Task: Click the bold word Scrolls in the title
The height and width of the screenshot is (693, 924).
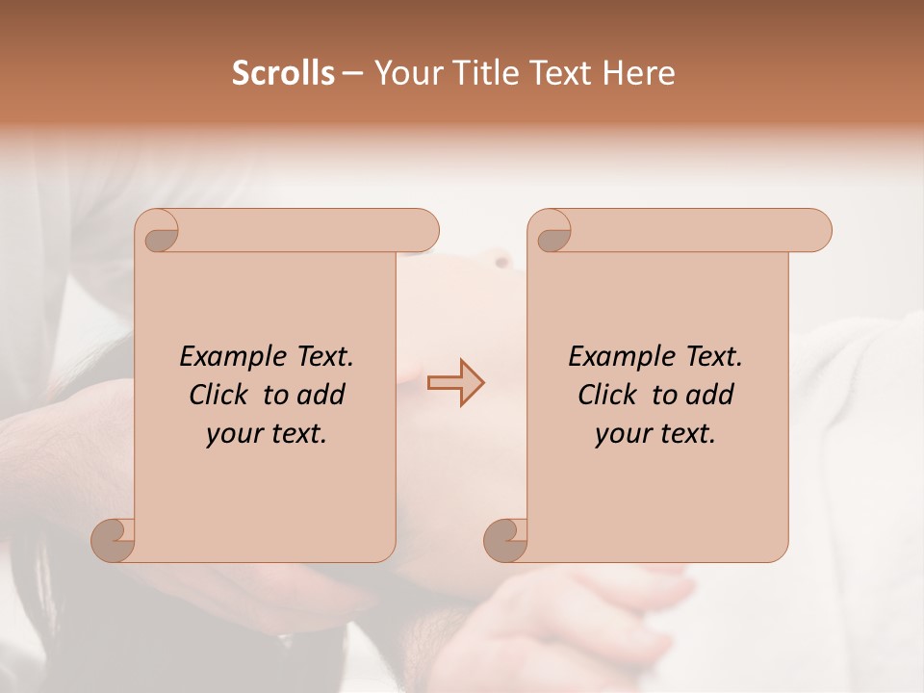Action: point(283,73)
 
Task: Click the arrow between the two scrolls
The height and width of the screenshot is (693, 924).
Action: point(455,382)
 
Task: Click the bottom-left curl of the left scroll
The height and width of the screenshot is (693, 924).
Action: point(114,540)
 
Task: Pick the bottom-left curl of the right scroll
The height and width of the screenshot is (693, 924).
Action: point(506,540)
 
